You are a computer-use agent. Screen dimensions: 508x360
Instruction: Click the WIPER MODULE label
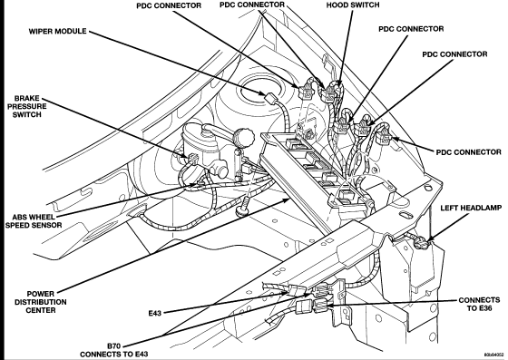pos(58,31)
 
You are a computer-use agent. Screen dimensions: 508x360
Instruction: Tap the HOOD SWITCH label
pos(353,5)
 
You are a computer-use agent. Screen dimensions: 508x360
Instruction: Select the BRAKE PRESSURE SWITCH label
pos(27,106)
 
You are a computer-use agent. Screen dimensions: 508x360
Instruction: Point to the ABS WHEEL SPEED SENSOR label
pos(34,220)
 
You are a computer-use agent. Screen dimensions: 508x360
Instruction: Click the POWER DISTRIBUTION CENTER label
pos(41,302)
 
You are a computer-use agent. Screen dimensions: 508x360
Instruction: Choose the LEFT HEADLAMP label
pos(471,208)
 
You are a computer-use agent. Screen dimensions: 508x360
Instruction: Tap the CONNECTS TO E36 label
pos(479,304)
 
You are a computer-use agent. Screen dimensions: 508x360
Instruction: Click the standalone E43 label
pos(155,313)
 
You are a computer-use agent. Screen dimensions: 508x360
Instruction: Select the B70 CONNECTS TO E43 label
pos(114,350)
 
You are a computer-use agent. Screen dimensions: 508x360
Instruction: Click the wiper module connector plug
pos(269,97)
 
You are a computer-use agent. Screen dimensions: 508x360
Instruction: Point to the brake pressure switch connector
pos(192,159)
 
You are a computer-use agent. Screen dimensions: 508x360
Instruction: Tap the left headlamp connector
pos(420,243)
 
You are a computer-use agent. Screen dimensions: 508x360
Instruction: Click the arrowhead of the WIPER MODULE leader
pos(262,93)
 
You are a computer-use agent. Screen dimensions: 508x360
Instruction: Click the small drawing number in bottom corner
pos(494,355)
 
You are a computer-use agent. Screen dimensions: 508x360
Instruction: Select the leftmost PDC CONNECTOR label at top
pos(169,5)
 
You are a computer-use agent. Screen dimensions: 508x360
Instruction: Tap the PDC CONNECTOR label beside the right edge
pos(468,151)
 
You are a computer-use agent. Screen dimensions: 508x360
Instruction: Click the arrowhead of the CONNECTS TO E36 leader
pos(329,305)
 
